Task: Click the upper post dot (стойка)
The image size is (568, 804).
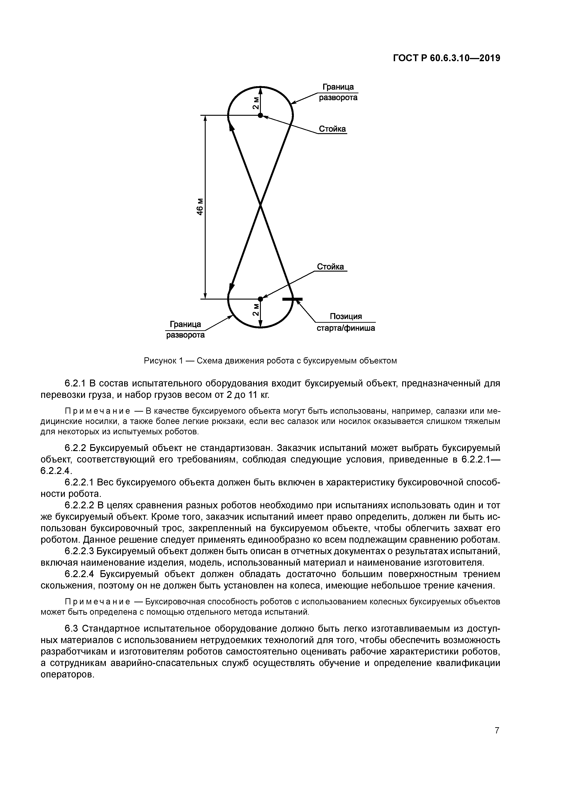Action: click(260, 115)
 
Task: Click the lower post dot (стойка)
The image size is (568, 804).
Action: click(260, 299)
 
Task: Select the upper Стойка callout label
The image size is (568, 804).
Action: click(332, 129)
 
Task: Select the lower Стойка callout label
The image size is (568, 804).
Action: click(330, 267)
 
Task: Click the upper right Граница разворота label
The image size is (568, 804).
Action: click(338, 92)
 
